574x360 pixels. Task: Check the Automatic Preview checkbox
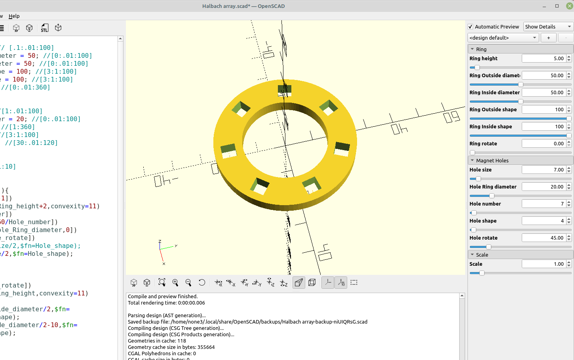[x=470, y=27]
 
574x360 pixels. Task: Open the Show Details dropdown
[x=548, y=27]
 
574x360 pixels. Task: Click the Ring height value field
[x=544, y=59]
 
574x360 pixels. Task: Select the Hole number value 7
[x=544, y=204]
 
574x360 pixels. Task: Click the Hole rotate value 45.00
[x=544, y=238]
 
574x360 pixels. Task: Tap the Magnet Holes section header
[x=492, y=160]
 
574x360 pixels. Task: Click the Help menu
[x=14, y=16]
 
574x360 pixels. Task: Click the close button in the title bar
[x=569, y=6]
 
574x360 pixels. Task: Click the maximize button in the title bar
[x=557, y=6]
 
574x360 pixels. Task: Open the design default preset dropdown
[x=503, y=38]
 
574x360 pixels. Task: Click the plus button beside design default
[x=548, y=38]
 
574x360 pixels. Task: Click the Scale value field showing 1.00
[x=544, y=264]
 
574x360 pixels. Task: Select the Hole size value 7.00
[x=544, y=170]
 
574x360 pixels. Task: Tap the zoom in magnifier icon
[x=175, y=282]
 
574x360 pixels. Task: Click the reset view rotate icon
[x=202, y=282]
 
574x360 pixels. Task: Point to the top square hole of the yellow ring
[x=285, y=90]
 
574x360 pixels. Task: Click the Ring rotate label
[x=483, y=144]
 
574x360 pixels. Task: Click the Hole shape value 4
[x=544, y=221]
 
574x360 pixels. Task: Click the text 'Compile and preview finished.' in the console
[x=163, y=297]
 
